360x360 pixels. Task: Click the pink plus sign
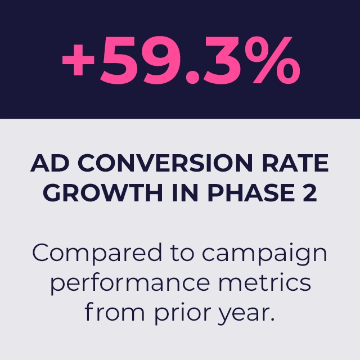point(78,60)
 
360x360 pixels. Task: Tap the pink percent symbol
point(272,60)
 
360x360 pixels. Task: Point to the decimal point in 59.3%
point(192,77)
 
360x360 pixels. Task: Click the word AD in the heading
point(50,163)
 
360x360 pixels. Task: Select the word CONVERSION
point(165,163)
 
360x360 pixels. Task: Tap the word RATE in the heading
point(295,163)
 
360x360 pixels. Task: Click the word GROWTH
point(103,192)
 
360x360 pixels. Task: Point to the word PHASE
point(251,192)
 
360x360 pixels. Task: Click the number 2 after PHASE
point(310,192)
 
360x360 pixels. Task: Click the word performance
point(130,283)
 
